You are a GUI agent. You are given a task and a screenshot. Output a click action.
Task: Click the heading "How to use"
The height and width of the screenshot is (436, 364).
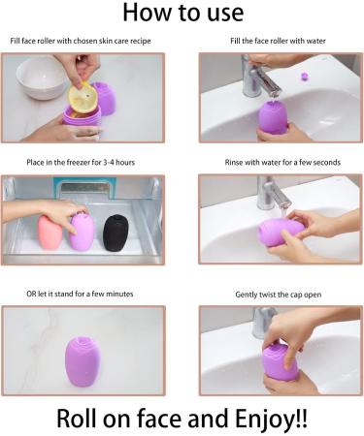pos(181,14)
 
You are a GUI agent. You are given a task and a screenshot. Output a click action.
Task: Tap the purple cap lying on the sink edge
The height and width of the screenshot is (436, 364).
pos(309,75)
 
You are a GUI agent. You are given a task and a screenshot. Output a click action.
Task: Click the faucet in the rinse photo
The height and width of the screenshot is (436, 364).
pos(270,193)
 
